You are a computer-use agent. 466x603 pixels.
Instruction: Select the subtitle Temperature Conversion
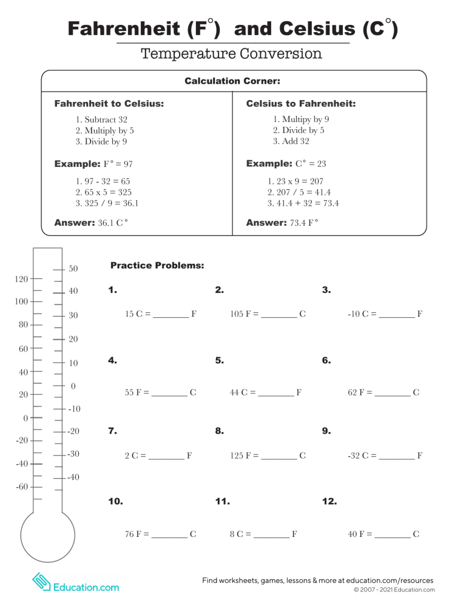[x=231, y=54]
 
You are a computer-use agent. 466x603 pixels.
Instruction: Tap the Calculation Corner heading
[x=232, y=81]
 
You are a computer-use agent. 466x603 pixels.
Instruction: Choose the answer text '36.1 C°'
[x=113, y=223]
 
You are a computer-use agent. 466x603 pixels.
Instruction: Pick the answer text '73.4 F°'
[x=304, y=223]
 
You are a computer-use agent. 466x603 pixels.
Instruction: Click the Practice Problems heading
[x=157, y=266]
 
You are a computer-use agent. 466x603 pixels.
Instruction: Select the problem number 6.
[x=326, y=360]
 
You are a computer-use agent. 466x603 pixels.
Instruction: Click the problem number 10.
[x=115, y=502]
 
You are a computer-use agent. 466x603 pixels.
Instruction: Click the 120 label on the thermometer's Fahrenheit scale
[x=21, y=279]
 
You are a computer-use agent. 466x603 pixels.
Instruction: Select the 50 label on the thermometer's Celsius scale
[x=73, y=268]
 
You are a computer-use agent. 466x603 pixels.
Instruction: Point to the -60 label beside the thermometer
[x=21, y=487]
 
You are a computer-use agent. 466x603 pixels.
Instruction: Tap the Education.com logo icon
[x=41, y=582]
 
